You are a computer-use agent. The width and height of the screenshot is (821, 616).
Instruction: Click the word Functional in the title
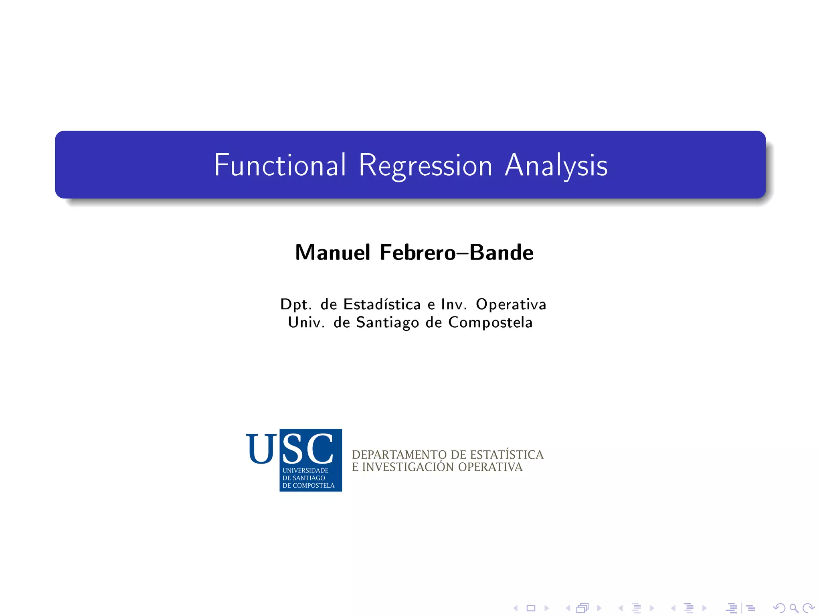click(280, 165)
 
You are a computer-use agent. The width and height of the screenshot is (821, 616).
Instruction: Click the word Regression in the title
click(425, 165)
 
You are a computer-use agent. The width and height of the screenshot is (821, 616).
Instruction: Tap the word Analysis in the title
click(556, 165)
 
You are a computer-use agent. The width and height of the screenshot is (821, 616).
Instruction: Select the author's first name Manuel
click(333, 253)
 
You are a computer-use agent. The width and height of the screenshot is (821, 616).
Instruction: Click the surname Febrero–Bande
click(456, 253)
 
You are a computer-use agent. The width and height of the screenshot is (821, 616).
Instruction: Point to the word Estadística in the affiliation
click(382, 304)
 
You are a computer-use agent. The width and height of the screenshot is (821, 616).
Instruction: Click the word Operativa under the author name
click(511, 304)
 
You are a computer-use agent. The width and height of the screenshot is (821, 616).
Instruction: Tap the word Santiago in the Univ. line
click(387, 322)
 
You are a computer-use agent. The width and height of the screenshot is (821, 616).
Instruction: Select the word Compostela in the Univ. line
click(490, 322)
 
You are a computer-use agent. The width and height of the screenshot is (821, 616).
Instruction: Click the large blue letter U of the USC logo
click(261, 449)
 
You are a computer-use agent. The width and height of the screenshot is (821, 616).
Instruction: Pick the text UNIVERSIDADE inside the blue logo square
click(305, 470)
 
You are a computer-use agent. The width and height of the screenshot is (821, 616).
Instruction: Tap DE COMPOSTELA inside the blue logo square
click(308, 486)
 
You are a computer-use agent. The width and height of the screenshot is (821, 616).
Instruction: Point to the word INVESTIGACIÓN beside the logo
click(408, 467)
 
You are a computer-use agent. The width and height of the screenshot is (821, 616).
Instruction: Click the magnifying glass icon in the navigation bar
click(794, 608)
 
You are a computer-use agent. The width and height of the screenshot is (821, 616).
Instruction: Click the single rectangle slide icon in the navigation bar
click(531, 608)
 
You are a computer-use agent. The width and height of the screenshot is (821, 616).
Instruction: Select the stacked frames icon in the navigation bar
click(582, 608)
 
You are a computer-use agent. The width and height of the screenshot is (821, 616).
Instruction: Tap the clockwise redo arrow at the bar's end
click(809, 608)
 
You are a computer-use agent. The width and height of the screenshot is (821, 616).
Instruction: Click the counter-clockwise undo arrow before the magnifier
click(779, 608)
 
